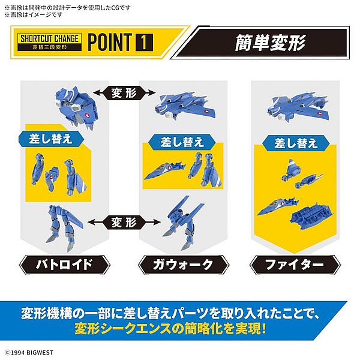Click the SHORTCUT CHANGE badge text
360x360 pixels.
pos(50,38)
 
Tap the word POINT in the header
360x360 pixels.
pos(110,42)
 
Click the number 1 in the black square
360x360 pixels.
pos(144,42)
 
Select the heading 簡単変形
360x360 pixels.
pos(270,43)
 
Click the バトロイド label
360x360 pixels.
pos(65,265)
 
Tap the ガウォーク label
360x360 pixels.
pos(184,265)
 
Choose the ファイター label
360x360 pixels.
pos(295,265)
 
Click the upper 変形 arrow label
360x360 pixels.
pos(124,92)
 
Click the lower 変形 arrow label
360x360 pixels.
pos(124,222)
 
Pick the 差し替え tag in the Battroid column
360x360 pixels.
pos(51,139)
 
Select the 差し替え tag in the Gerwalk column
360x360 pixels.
pos(182,142)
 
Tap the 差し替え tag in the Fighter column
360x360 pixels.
pos(296,143)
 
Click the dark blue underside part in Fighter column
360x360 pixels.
pos(311,216)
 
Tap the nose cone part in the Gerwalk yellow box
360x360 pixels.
pos(164,171)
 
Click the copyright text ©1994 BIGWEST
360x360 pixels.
pos(29,352)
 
